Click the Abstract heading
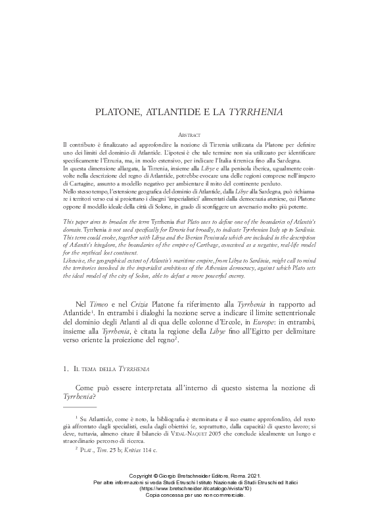pos(195,134)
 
